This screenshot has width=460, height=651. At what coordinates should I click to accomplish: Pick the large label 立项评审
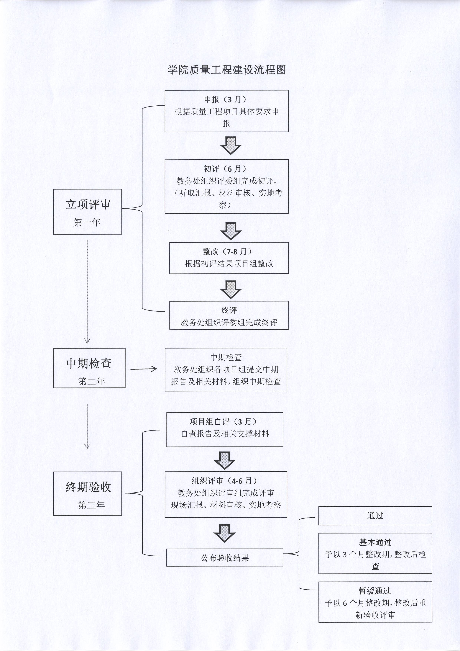point(88,205)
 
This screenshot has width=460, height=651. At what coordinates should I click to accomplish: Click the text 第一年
point(87,223)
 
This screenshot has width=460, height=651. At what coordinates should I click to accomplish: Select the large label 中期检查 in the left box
point(89,364)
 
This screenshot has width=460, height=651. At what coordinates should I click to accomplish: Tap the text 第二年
point(92,381)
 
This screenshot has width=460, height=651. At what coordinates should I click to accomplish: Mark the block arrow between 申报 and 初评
point(231,145)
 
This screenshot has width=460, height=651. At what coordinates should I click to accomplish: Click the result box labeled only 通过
point(375,516)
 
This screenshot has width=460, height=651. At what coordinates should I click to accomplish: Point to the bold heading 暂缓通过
point(375,591)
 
